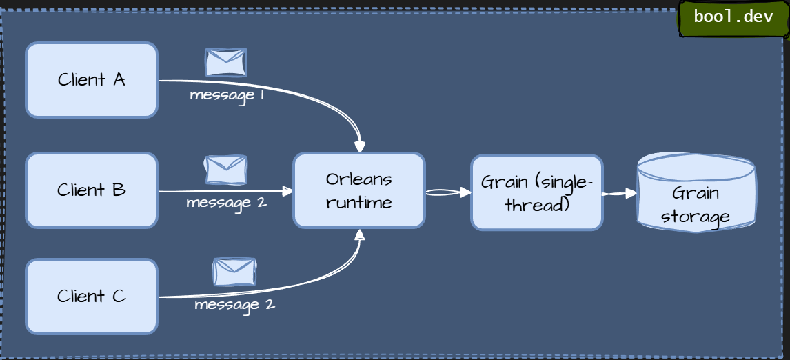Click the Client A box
click(92, 80)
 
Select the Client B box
click(92, 190)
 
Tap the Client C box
click(92, 297)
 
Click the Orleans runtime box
click(358, 190)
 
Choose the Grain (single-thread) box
click(537, 192)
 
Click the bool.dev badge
click(733, 17)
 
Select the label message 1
click(227, 95)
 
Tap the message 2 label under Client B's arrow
click(226, 203)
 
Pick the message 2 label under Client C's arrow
click(234, 304)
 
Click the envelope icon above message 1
click(226, 62)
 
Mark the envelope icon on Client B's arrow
click(225, 170)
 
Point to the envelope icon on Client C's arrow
click(234, 272)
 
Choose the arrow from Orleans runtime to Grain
click(448, 192)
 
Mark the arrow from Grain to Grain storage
click(620, 194)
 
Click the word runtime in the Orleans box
click(358, 203)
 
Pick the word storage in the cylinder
click(695, 217)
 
